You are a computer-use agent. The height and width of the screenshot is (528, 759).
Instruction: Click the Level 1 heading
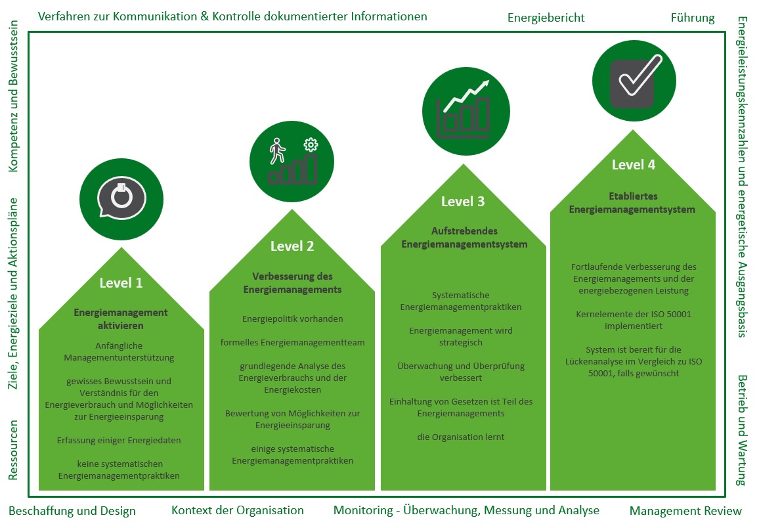click(121, 283)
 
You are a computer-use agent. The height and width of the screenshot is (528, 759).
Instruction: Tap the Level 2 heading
click(292, 246)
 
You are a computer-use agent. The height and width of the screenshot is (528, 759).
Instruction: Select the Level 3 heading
click(463, 202)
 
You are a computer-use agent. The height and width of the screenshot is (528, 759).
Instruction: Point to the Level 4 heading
click(634, 164)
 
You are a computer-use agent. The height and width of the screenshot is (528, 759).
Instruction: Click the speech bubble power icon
click(121, 197)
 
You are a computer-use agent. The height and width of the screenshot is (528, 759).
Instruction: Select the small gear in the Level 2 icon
click(311, 145)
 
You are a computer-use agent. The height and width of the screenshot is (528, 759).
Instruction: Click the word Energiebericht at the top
click(546, 18)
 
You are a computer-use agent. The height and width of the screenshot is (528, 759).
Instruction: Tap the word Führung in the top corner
click(693, 18)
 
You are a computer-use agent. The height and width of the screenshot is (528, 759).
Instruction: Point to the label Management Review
click(685, 511)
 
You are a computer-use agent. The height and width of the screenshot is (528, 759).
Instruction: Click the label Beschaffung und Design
click(72, 511)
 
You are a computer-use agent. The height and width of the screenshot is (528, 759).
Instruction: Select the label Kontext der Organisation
click(238, 510)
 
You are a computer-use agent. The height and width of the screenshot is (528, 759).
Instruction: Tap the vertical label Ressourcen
click(14, 450)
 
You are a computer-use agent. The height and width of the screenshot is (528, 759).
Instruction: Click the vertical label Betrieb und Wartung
click(742, 430)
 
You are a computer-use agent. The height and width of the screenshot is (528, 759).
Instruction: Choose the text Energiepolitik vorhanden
click(292, 319)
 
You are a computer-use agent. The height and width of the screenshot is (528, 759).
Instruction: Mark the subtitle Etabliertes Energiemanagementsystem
click(632, 203)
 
